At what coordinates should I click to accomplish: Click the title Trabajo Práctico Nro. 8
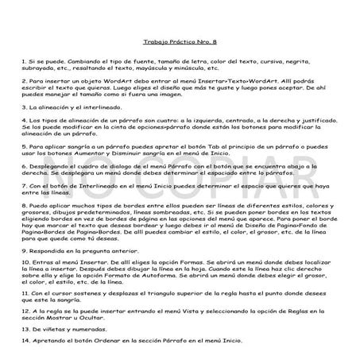[x=180, y=37]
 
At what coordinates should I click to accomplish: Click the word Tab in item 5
[x=181, y=146]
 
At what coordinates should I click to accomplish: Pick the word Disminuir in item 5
[x=147, y=153]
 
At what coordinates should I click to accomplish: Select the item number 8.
[x=23, y=203]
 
